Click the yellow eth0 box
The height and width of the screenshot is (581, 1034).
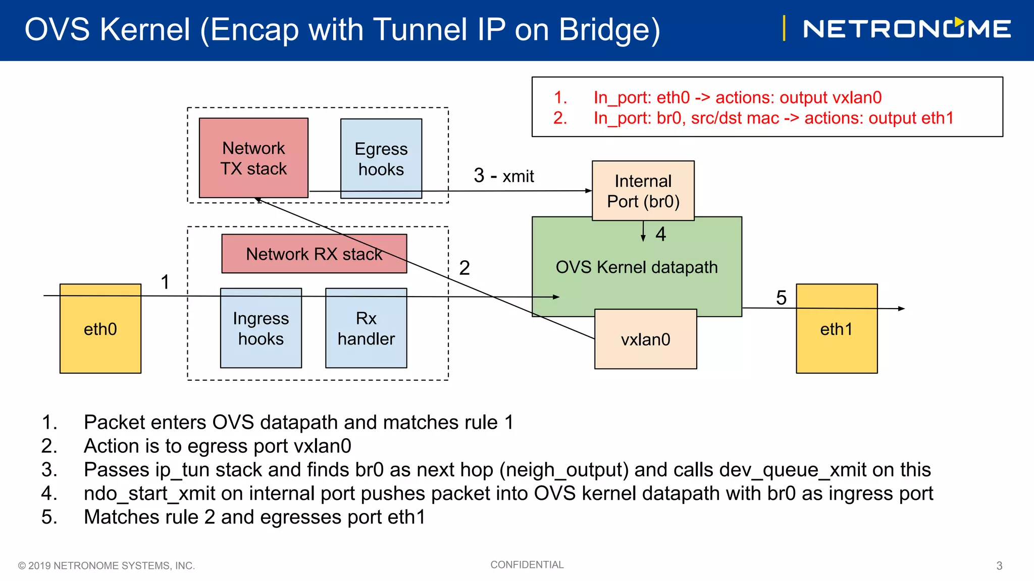(x=100, y=329)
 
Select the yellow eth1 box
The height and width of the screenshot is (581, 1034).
(x=836, y=329)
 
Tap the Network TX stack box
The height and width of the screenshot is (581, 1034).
(x=253, y=158)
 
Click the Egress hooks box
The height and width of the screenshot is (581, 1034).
(x=381, y=158)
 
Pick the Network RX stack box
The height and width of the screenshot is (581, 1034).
(x=314, y=254)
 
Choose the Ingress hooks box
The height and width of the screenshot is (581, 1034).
(x=261, y=328)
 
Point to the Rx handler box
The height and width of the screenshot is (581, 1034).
(x=366, y=328)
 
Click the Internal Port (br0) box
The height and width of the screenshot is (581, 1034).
(x=643, y=191)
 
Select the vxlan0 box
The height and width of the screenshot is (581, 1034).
(x=645, y=339)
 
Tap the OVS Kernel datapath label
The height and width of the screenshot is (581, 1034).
(x=636, y=267)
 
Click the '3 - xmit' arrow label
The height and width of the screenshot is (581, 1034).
(x=503, y=176)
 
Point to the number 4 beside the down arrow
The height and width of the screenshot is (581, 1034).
(x=660, y=234)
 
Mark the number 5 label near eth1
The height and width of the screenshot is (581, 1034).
(x=781, y=298)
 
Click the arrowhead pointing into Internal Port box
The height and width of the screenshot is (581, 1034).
(x=588, y=191)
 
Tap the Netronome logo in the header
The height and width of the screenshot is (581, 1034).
(x=906, y=29)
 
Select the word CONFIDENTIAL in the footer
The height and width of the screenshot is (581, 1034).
(x=527, y=565)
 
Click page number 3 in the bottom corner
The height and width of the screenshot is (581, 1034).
(x=999, y=566)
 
